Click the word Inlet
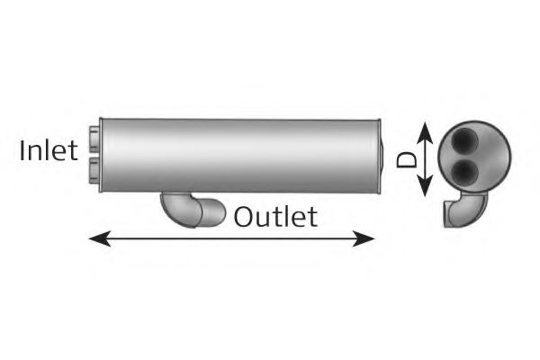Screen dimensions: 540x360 [x=49, y=151]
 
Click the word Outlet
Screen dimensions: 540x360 [x=275, y=217]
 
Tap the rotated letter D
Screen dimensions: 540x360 [x=407, y=159]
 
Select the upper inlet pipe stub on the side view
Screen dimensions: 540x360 [x=94, y=139]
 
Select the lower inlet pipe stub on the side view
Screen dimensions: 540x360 [x=94, y=170]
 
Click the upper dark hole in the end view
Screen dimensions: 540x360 [x=464, y=141]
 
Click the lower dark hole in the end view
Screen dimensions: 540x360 [x=464, y=172]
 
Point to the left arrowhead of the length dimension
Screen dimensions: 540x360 [x=100, y=238]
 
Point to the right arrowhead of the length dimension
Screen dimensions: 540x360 [x=364, y=238]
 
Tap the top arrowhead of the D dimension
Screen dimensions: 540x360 [x=425, y=132]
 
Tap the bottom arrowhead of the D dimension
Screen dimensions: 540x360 [x=425, y=185]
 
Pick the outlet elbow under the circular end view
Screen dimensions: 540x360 [x=465, y=210]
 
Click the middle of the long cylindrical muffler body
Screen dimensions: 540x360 [x=239, y=156]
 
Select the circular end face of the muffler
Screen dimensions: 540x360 [x=474, y=157]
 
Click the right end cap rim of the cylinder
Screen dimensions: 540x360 [x=379, y=156]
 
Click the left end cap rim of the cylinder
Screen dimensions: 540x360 [x=101, y=155]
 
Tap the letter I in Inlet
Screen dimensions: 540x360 [x=22, y=151]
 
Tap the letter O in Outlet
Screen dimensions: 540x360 [x=244, y=217]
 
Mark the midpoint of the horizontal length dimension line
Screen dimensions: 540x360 [x=232, y=238]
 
